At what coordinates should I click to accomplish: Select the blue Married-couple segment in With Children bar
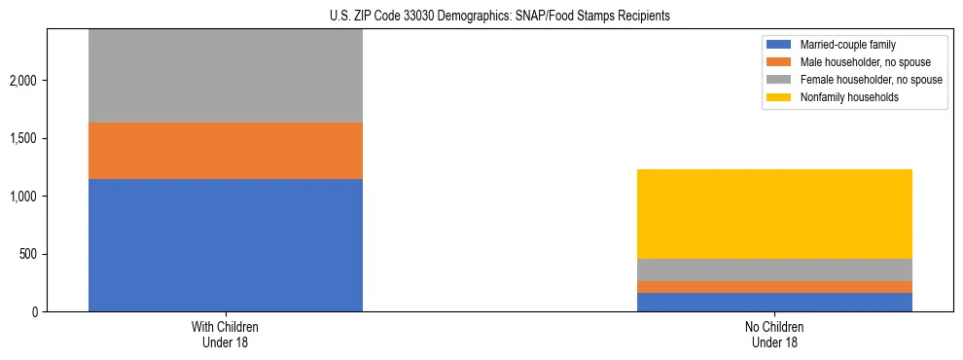[x=226, y=245]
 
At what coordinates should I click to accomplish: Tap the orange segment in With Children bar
[x=226, y=151]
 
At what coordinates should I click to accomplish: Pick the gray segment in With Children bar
[x=226, y=76]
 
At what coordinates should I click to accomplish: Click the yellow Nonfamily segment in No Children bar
[x=774, y=214]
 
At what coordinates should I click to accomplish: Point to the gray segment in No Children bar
[x=774, y=270]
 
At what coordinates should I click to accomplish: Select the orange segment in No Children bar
[x=774, y=287]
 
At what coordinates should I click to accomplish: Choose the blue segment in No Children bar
[x=774, y=302]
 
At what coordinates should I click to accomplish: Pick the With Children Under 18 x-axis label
[x=226, y=335]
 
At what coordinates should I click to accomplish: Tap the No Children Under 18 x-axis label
[x=774, y=335]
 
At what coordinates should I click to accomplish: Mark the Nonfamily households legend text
[x=842, y=97]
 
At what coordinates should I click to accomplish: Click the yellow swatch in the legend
[x=779, y=97]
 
